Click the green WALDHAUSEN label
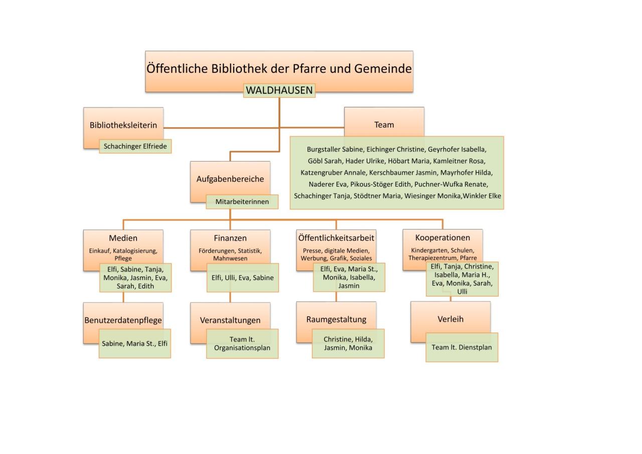279,90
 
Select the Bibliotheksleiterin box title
123,125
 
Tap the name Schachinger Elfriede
135,146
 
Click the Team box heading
384,125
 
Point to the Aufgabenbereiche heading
230,179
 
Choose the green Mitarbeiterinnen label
242,202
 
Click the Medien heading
123,238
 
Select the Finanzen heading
230,238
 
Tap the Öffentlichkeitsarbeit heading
336,238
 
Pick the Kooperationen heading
442,238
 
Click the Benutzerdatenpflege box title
123,320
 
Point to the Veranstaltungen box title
230,320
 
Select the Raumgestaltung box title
336,319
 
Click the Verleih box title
450,319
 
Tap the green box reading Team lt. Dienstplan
462,347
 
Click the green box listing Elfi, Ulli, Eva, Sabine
243,278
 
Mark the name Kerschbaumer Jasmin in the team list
403,173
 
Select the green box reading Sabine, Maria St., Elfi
135,343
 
